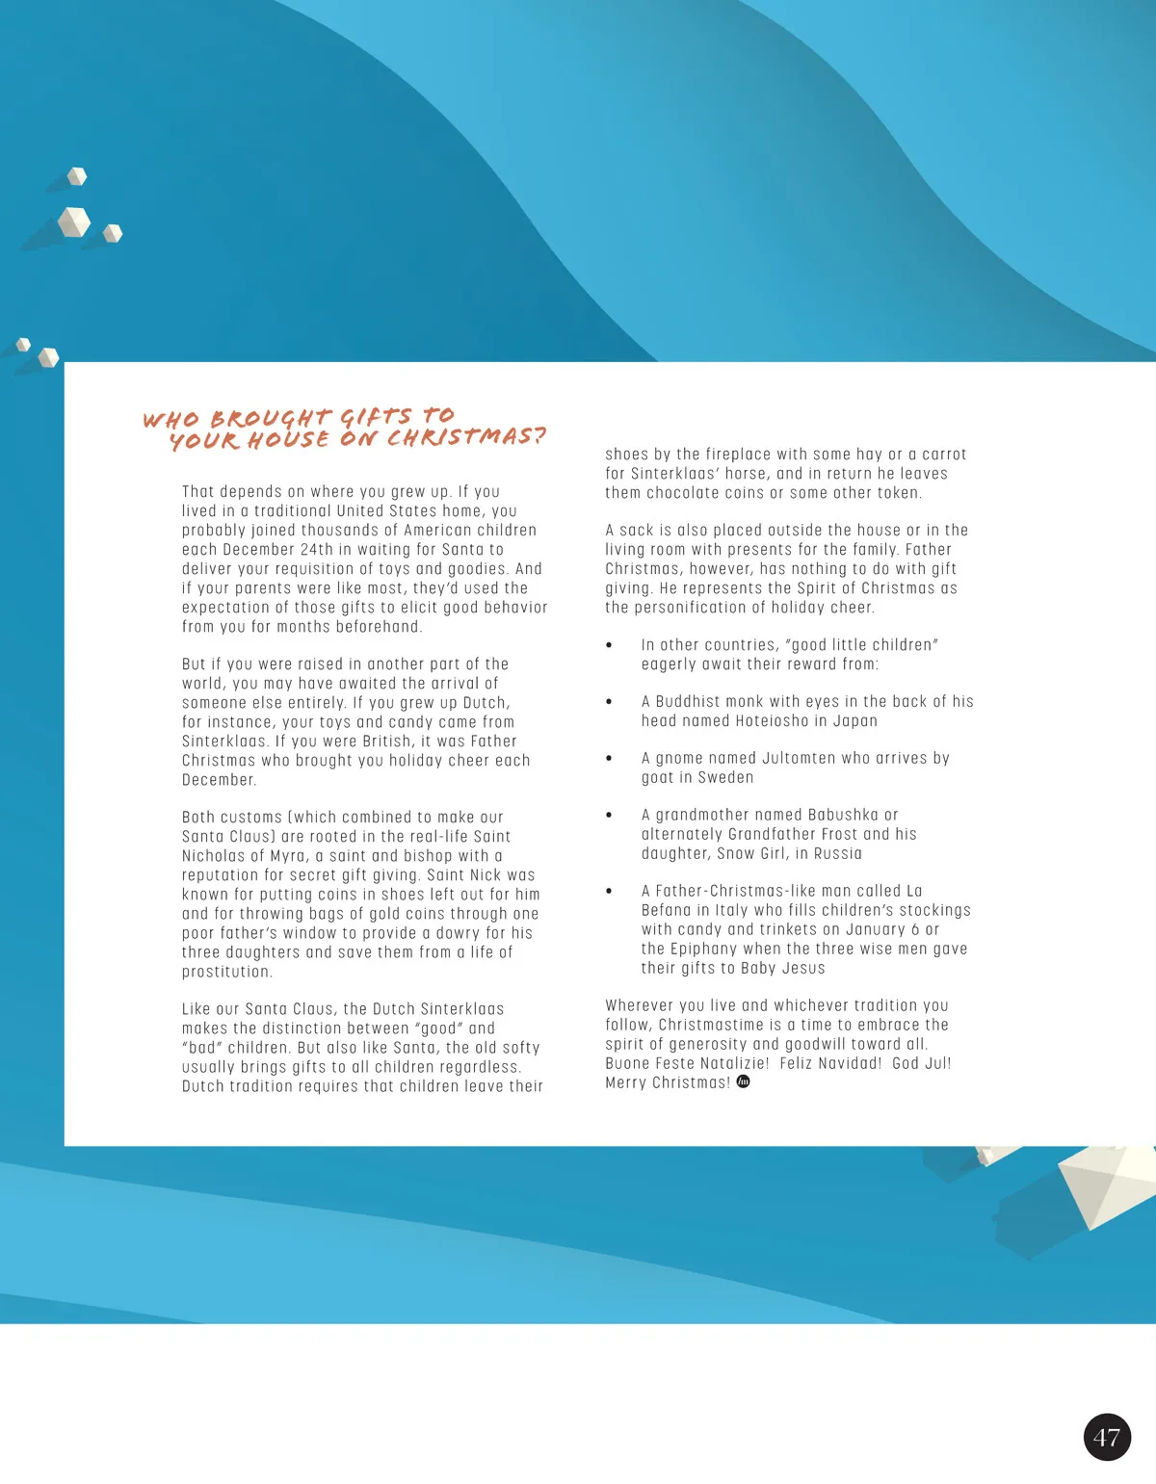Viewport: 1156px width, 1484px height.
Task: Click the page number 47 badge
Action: pos(1107,1437)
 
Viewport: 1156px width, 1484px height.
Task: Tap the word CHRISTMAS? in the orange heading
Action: pos(466,437)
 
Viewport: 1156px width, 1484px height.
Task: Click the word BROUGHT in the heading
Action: pos(271,419)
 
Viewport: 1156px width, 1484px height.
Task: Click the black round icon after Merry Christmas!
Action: pos(743,1081)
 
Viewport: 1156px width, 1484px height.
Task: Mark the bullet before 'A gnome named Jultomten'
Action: pos(609,759)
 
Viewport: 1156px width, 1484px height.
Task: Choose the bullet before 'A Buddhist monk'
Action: pos(609,702)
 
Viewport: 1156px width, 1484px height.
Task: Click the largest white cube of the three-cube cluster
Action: pos(74,221)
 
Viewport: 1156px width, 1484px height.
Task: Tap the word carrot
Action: pos(944,455)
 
